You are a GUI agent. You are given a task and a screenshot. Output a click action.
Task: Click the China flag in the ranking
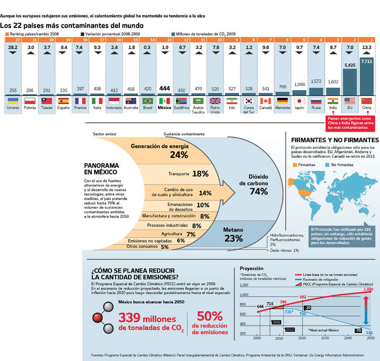[x=367, y=101]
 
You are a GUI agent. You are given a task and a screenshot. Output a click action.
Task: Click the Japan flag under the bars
[x=299, y=101]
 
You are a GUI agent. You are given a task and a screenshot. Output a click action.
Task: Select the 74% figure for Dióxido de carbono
[x=258, y=191]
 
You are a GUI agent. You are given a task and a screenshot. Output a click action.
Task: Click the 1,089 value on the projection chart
[x=368, y=290]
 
